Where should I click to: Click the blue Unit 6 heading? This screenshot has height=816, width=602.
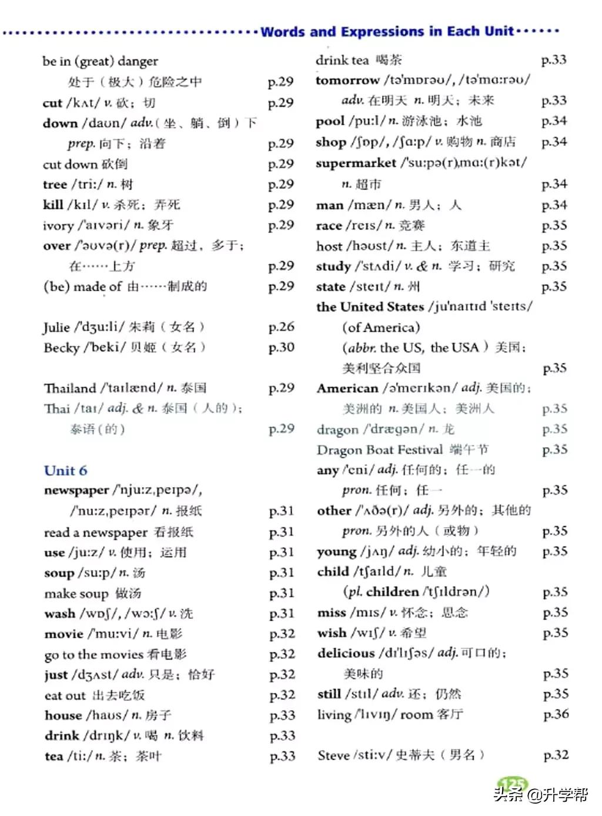[65, 471]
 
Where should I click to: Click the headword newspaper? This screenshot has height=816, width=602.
[76, 491]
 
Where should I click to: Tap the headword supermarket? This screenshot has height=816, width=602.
[356, 163]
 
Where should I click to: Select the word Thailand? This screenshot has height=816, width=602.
[69, 388]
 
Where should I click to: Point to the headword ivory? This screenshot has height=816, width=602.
[57, 225]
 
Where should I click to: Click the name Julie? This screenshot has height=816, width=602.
[56, 327]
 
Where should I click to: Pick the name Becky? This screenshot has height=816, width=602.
[61, 348]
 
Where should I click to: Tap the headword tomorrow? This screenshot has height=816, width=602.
[347, 80]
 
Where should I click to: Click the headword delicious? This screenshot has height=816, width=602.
[346, 653]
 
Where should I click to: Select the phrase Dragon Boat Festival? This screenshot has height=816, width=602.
[379, 450]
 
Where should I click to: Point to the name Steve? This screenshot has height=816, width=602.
[333, 755]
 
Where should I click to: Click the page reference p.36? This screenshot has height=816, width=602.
[556, 714]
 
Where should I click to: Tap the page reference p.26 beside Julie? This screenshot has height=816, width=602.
[281, 327]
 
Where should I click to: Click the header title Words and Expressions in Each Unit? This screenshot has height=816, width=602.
[387, 31]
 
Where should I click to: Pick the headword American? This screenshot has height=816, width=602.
[347, 388]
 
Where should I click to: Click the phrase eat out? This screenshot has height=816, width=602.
[65, 695]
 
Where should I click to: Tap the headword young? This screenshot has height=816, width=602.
[336, 552]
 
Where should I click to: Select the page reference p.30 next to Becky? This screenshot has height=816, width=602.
[281, 348]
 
